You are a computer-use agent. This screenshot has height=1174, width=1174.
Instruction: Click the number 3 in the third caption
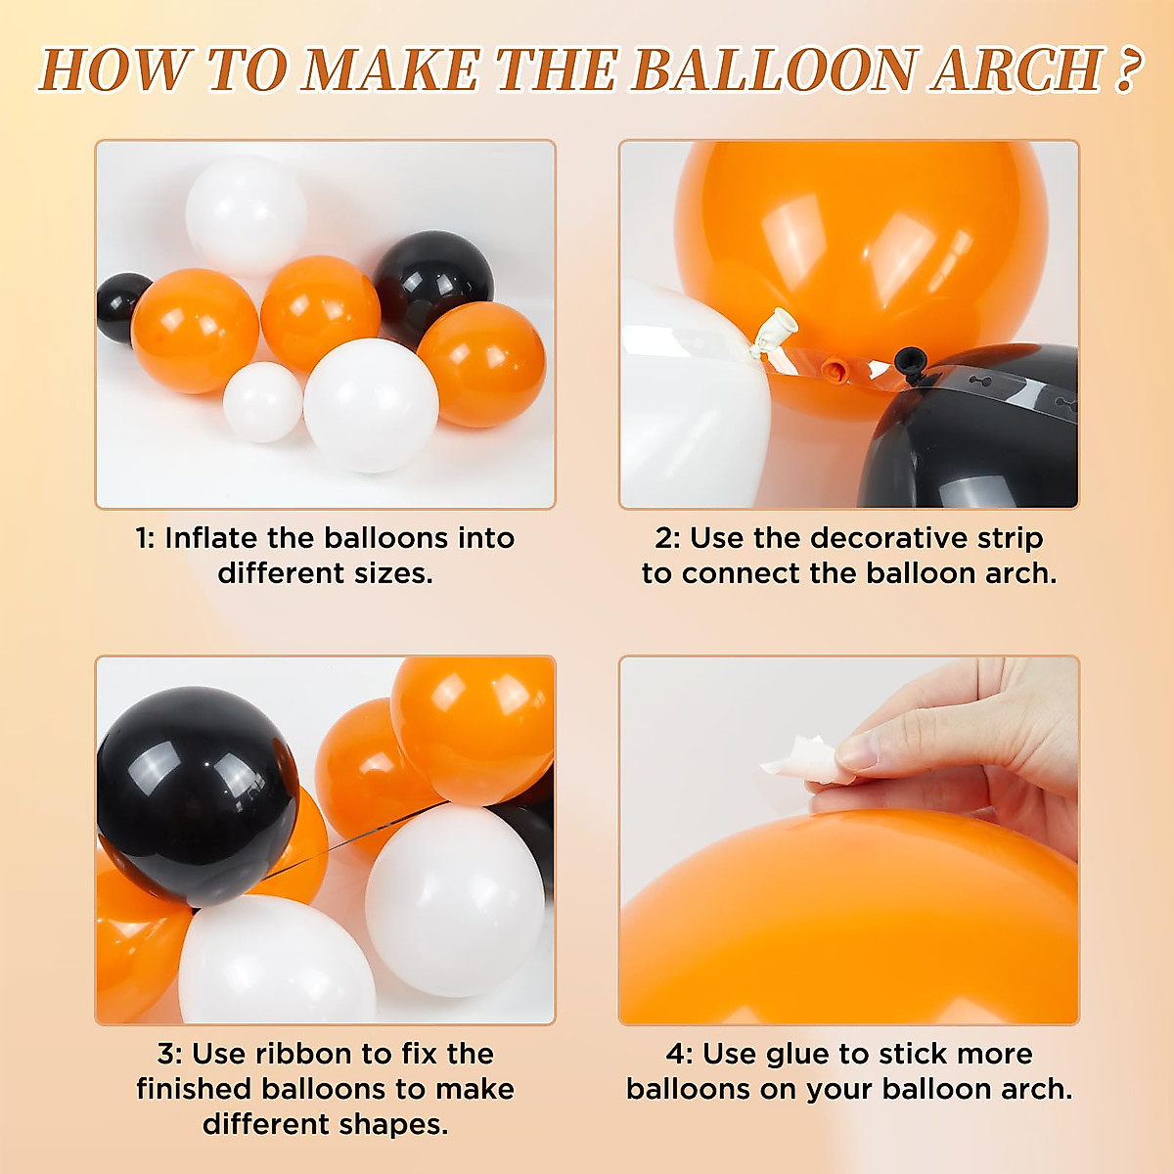(166, 1054)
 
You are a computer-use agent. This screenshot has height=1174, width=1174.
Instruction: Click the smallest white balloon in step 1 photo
(262, 401)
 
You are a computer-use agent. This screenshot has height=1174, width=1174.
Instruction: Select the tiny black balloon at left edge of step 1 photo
(121, 307)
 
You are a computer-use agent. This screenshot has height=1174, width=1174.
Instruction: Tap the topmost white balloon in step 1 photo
(246, 213)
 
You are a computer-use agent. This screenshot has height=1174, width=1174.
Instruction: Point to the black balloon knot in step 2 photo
(907, 361)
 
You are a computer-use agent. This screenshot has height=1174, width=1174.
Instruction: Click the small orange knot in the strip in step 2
(833, 370)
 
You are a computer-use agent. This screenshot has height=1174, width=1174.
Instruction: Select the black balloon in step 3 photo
(196, 793)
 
